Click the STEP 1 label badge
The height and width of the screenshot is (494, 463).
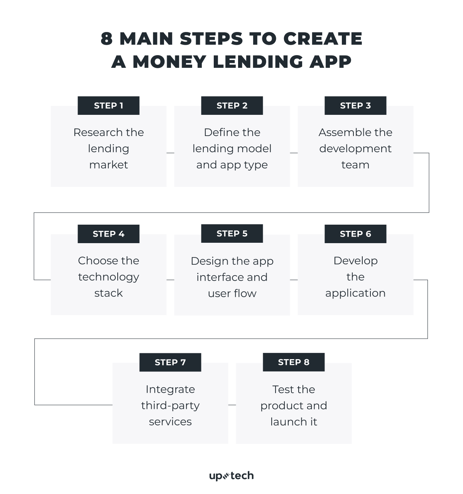click(x=108, y=106)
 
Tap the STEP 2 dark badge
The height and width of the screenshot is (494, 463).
click(x=232, y=106)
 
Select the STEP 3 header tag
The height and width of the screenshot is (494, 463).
click(x=355, y=106)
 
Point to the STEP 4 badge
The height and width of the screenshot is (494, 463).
click(x=108, y=234)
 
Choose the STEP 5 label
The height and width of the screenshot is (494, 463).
click(x=232, y=234)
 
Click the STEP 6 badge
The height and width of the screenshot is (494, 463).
click(x=355, y=234)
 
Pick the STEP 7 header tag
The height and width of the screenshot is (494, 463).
click(x=170, y=362)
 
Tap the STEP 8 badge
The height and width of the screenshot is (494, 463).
click(x=294, y=362)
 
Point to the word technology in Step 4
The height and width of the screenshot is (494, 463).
click(x=108, y=277)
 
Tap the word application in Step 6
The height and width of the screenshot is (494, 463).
click(x=355, y=293)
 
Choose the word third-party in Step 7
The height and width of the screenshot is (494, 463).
click(x=170, y=405)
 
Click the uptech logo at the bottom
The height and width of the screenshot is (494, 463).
click(x=231, y=476)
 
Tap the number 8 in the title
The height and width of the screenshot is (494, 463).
click(x=106, y=39)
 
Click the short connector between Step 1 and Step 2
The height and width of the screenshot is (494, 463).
click(x=170, y=153)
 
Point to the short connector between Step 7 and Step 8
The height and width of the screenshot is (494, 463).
click(x=232, y=405)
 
